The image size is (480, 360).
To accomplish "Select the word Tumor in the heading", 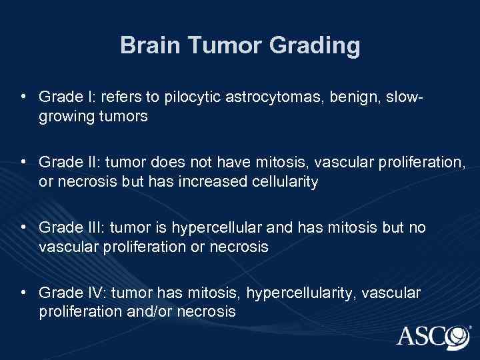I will [x=223, y=46].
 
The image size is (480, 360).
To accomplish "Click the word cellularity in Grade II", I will [x=283, y=181].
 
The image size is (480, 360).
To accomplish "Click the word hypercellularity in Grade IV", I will [x=287, y=293].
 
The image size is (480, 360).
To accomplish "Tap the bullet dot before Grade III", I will [x=24, y=228].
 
